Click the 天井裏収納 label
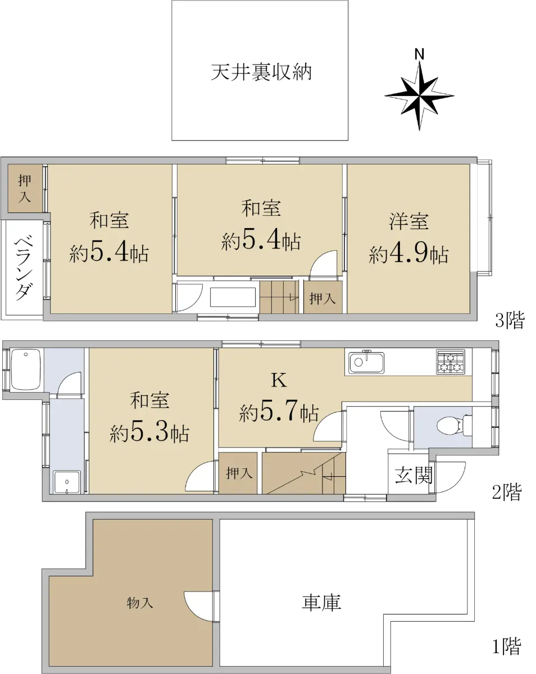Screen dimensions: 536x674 261,72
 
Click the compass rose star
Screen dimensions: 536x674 419,95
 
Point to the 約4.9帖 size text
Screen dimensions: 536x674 408,254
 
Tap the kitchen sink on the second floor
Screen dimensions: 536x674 366,362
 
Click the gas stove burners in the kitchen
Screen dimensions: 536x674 450,362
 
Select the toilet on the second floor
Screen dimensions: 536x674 454,425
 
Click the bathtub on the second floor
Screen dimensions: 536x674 26,369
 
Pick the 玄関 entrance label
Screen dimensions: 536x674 414,475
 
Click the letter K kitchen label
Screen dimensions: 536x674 279,381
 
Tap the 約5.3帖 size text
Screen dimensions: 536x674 149,433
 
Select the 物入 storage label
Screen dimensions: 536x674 140,602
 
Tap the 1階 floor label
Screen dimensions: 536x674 507,654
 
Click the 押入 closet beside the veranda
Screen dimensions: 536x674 25,189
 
